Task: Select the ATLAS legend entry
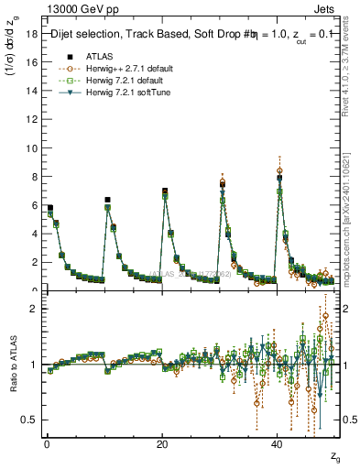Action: [98, 55]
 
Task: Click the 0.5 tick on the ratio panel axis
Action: [27, 420]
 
